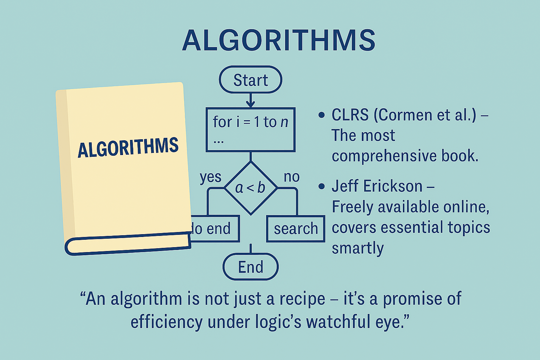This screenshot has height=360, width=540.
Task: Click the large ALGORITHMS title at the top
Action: click(x=279, y=40)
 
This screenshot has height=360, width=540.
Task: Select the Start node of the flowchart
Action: click(x=250, y=79)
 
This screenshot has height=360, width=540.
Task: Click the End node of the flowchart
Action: click(x=250, y=267)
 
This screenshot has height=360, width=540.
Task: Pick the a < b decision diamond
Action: click(x=250, y=188)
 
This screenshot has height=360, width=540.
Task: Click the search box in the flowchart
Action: click(x=296, y=229)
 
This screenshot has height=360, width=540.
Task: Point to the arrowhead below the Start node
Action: click(x=250, y=104)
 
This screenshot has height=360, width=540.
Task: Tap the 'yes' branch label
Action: click(x=211, y=178)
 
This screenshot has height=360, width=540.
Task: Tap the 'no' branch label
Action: click(x=292, y=177)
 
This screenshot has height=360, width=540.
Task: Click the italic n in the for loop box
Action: click(x=284, y=122)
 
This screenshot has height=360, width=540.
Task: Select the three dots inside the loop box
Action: click(x=219, y=142)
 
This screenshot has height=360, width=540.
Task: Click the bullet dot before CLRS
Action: click(x=321, y=115)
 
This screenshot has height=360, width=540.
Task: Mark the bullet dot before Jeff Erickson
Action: click(x=321, y=186)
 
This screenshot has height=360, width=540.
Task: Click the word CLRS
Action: click(x=350, y=115)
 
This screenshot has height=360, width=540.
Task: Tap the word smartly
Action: click(x=358, y=249)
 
